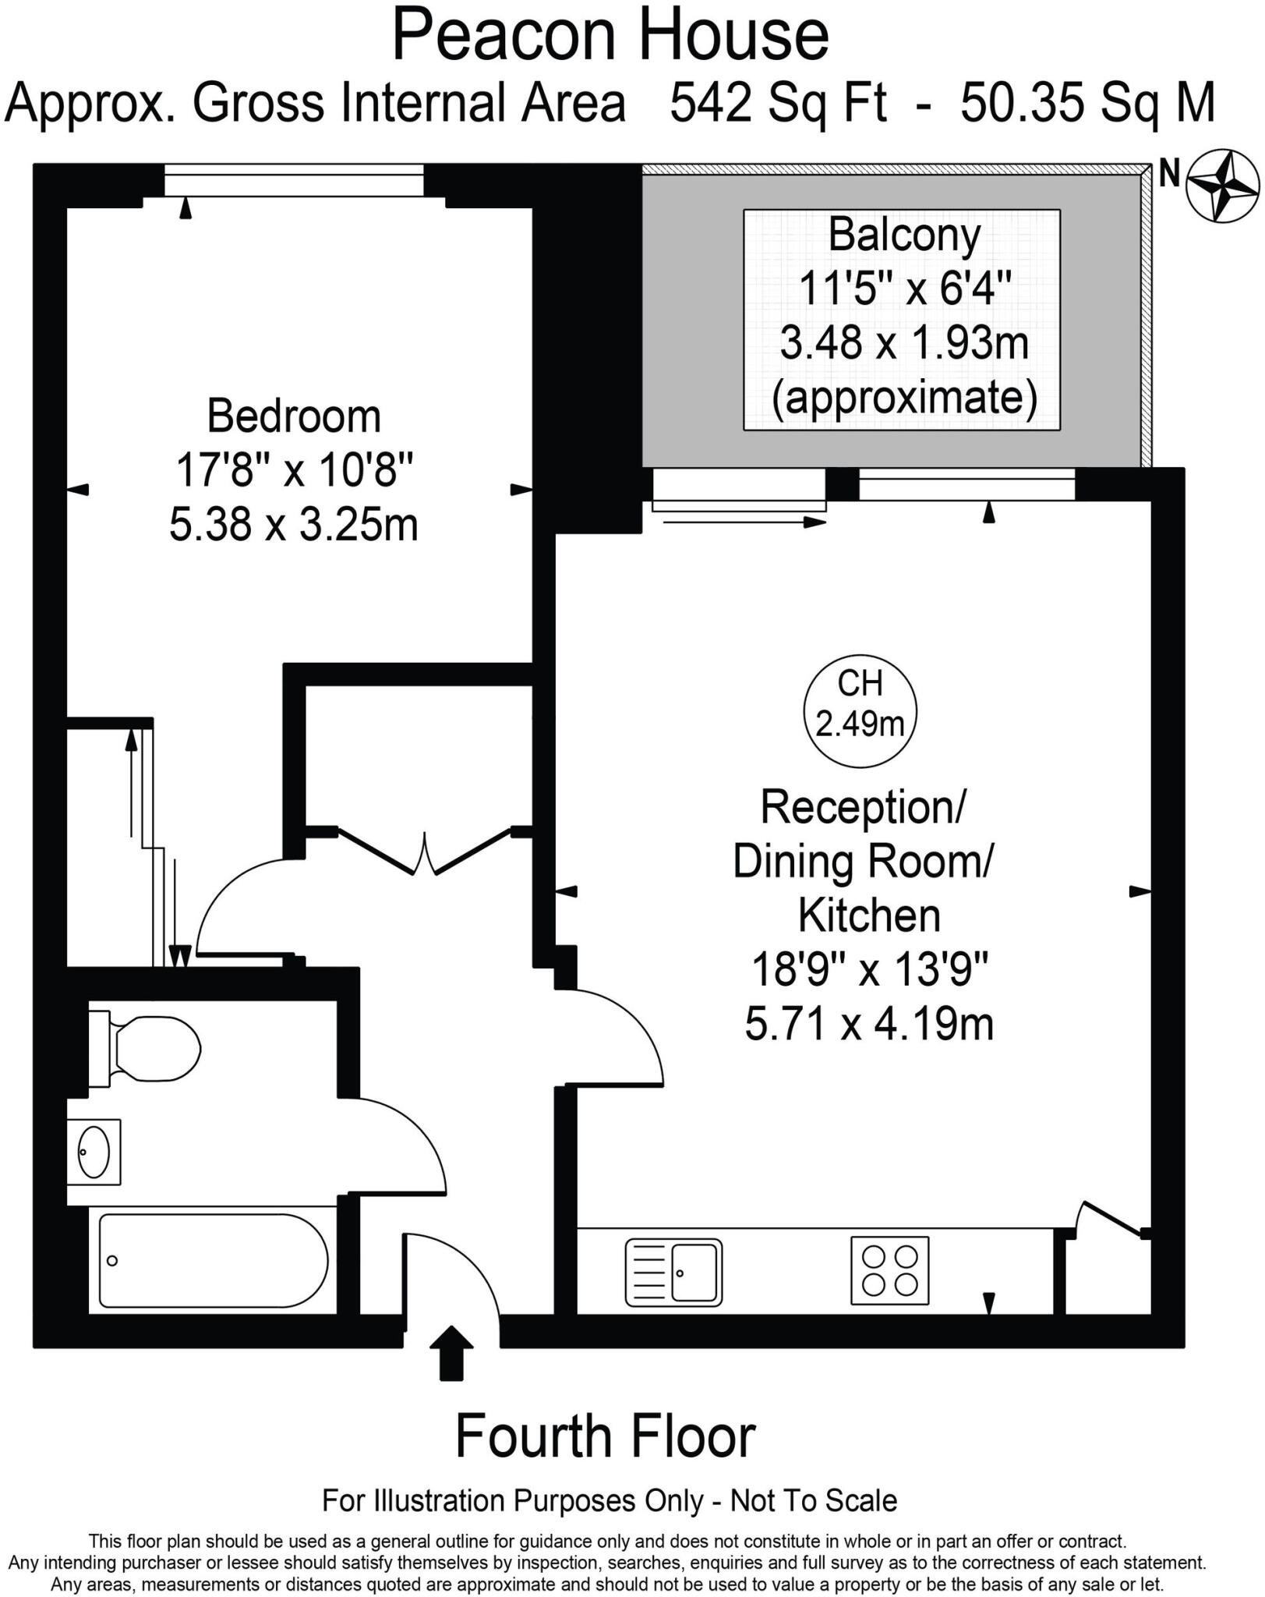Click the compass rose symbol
click(x=1222, y=186)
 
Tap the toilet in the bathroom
click(x=148, y=1048)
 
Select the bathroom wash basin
click(x=94, y=1152)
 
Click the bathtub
click(x=213, y=1260)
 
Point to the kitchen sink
click(x=673, y=1273)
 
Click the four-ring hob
click(x=889, y=1270)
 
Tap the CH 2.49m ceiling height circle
click(x=860, y=710)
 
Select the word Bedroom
click(x=294, y=416)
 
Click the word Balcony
click(x=904, y=235)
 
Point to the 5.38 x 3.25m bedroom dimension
click(x=294, y=524)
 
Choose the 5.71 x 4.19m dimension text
click(x=869, y=1023)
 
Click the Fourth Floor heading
click(x=605, y=1436)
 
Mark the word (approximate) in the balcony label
click(x=904, y=397)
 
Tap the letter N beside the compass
click(x=1169, y=174)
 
